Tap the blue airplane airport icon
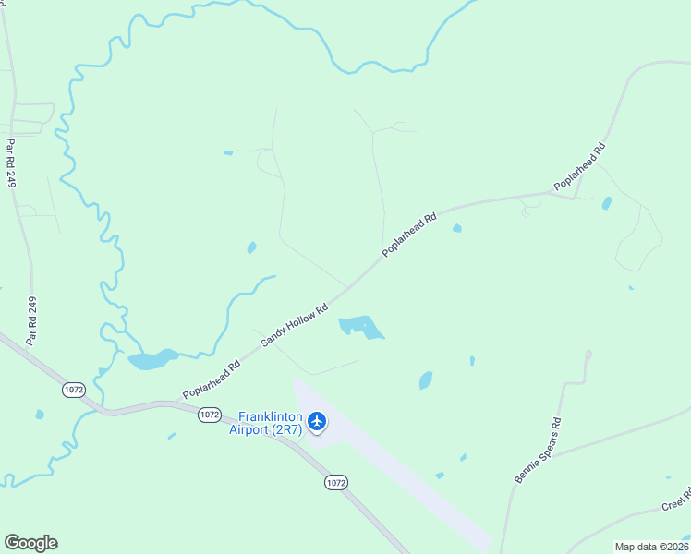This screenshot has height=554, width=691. pyautogui.click(x=318, y=422)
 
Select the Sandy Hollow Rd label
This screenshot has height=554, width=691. pyautogui.click(x=295, y=326)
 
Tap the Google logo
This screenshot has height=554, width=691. pyautogui.click(x=30, y=543)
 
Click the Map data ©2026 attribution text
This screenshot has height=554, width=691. pyautogui.click(x=651, y=547)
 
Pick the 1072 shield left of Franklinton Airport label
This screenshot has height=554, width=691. pyautogui.click(x=209, y=415)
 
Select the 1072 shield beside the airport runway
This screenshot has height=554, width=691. pyautogui.click(x=335, y=482)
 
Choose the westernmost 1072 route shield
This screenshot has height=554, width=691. pyautogui.click(x=74, y=391)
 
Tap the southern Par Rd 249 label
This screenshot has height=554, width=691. pyautogui.click(x=31, y=321)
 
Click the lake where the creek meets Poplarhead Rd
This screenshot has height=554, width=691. pyautogui.click(x=153, y=359)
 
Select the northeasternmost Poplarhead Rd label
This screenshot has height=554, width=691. pyautogui.click(x=580, y=167)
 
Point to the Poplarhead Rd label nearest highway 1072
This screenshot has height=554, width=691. pyautogui.click(x=212, y=379)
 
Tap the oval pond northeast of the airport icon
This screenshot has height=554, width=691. pyautogui.click(x=426, y=379)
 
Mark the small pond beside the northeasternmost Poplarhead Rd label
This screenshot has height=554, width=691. pyautogui.click(x=606, y=203)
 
